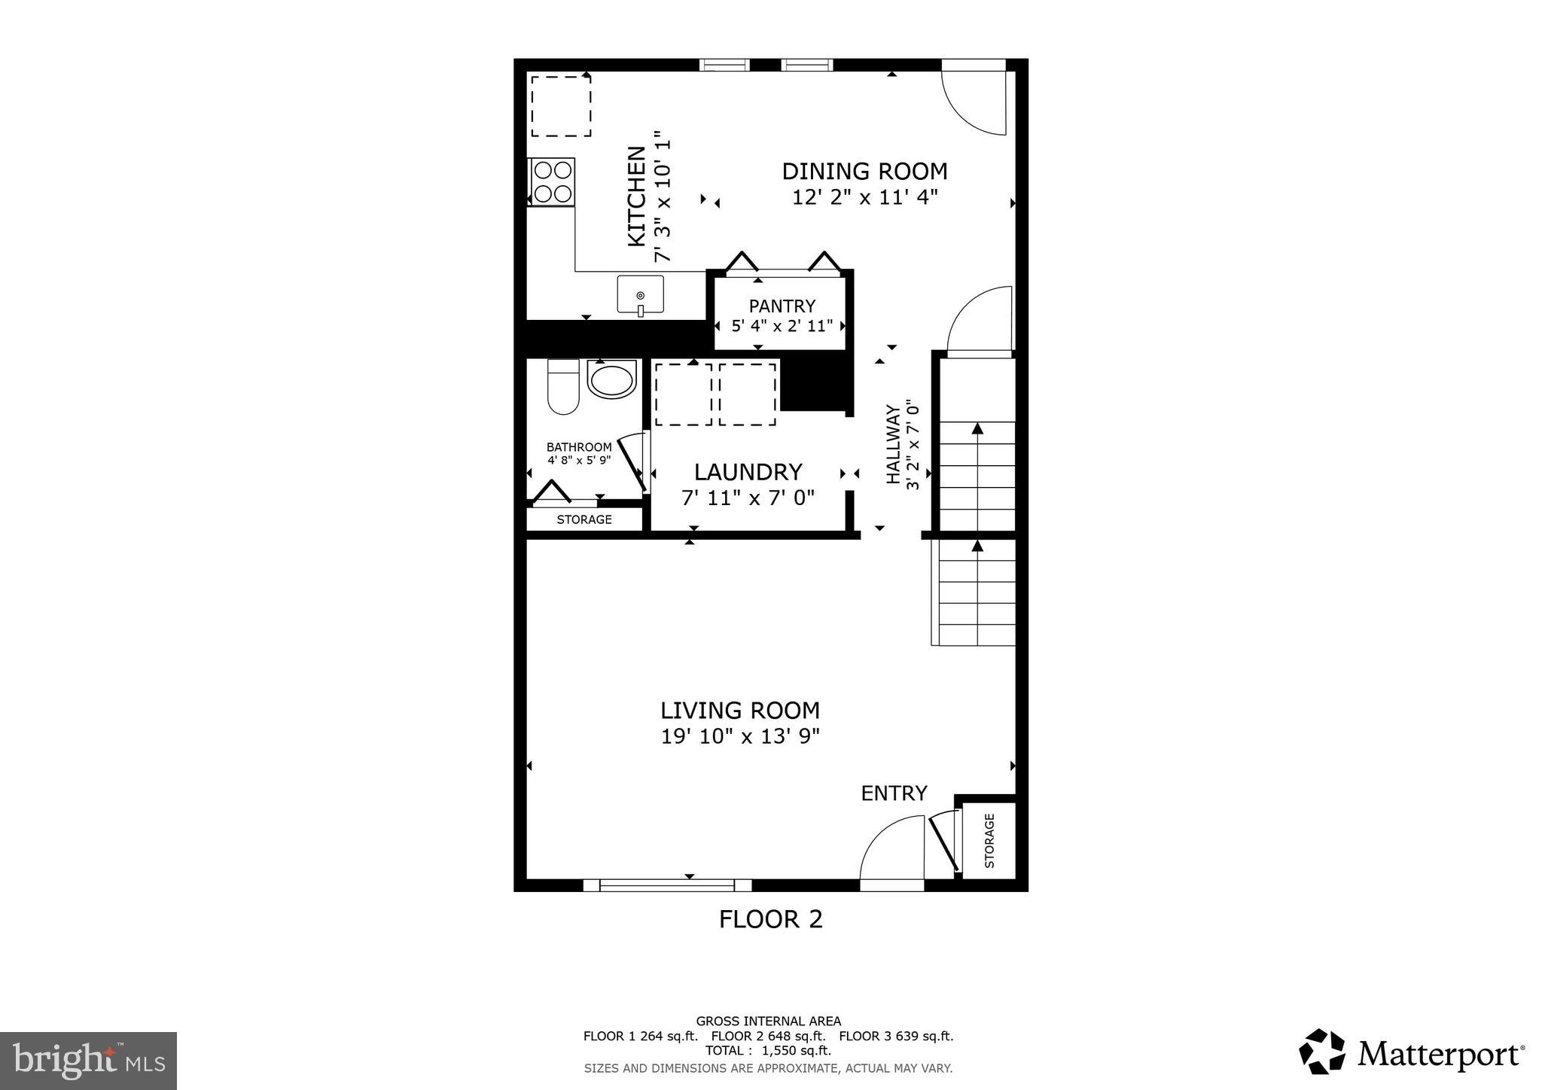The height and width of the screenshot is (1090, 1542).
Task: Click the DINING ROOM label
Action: pos(864,172)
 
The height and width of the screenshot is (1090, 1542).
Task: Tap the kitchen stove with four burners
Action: pos(551,181)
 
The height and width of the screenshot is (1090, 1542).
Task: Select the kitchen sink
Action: pos(640,294)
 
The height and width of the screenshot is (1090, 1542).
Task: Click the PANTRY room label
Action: pos(782,306)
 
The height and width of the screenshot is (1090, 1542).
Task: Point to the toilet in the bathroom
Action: pos(562,387)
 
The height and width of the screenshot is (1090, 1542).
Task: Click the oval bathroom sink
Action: pos(611,379)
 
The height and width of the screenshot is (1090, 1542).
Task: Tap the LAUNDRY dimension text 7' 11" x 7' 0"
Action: pos(748,498)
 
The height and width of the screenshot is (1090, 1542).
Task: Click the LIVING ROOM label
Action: pos(739,711)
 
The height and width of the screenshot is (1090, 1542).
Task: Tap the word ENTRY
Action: pos(894,793)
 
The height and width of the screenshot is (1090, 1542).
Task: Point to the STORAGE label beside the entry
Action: pos(989,840)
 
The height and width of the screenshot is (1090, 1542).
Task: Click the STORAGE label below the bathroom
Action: pos(584,519)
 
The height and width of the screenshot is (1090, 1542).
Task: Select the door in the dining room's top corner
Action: pos(976,102)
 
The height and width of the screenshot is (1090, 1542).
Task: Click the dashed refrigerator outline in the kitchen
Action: pos(561,105)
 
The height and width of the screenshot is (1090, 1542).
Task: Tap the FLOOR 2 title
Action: pos(770,919)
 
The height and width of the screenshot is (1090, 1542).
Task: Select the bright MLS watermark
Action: pos(88,1061)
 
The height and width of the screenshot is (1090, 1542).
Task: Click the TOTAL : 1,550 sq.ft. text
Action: pos(768,1050)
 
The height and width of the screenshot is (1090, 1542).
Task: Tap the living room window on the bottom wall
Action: pos(667,885)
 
